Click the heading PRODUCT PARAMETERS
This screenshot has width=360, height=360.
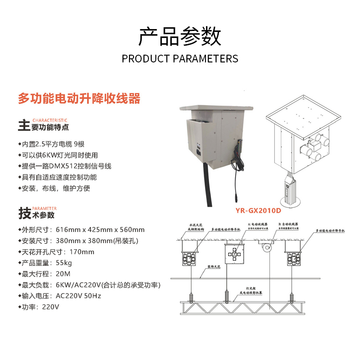[x=180, y=59]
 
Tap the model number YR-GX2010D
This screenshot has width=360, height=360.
[x=258, y=211]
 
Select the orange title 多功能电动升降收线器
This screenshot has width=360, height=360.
[x=79, y=98]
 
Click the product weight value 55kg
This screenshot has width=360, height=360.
[x=64, y=263]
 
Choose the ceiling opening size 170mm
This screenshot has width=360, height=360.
[x=82, y=252]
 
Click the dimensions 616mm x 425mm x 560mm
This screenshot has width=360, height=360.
[x=100, y=230]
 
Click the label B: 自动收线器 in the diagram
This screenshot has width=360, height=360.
[x=288, y=225]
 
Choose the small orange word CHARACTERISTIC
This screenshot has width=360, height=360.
[x=50, y=119]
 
